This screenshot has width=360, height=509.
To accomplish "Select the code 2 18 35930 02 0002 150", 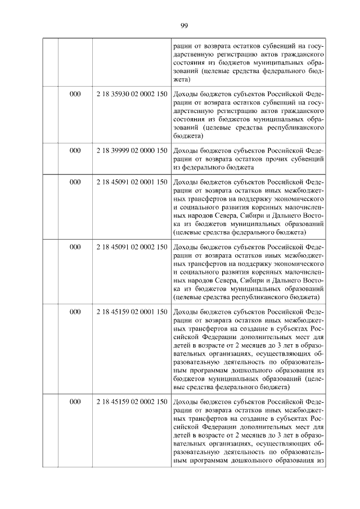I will click(x=132, y=94).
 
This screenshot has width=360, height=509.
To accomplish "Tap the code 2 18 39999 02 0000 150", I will click(x=132, y=151).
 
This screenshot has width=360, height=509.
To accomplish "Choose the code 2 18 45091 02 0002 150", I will click(x=132, y=246).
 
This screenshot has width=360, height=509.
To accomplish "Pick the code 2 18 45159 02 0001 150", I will click(x=132, y=312).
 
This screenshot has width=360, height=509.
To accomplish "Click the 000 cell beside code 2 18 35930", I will click(x=75, y=94).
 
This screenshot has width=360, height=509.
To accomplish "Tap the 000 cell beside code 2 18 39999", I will click(x=75, y=151).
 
